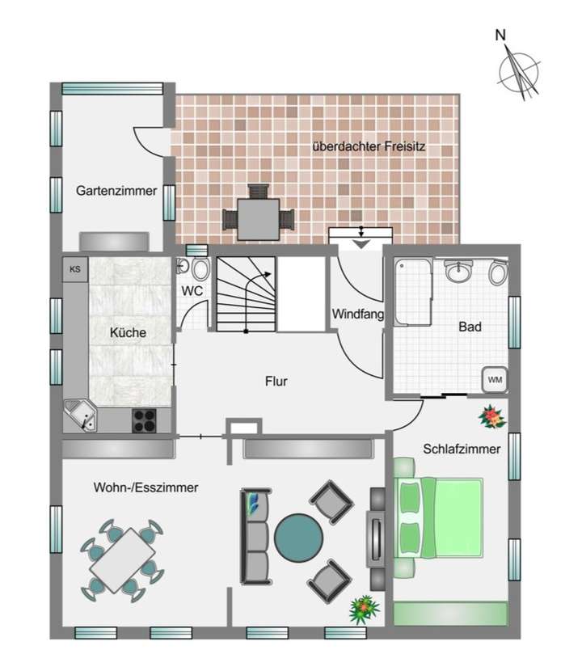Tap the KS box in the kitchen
[75, 268]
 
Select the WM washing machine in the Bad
[493, 378]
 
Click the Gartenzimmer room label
[116, 192]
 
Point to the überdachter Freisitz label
[369, 147]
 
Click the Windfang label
[356, 314]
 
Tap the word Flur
[276, 380]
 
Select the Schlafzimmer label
[462, 449]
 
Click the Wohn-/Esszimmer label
[146, 487]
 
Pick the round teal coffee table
[298, 538]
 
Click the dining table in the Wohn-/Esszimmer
[122, 559]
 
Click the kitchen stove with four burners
[144, 419]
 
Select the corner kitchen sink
[82, 416]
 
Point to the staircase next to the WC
[244, 294]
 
